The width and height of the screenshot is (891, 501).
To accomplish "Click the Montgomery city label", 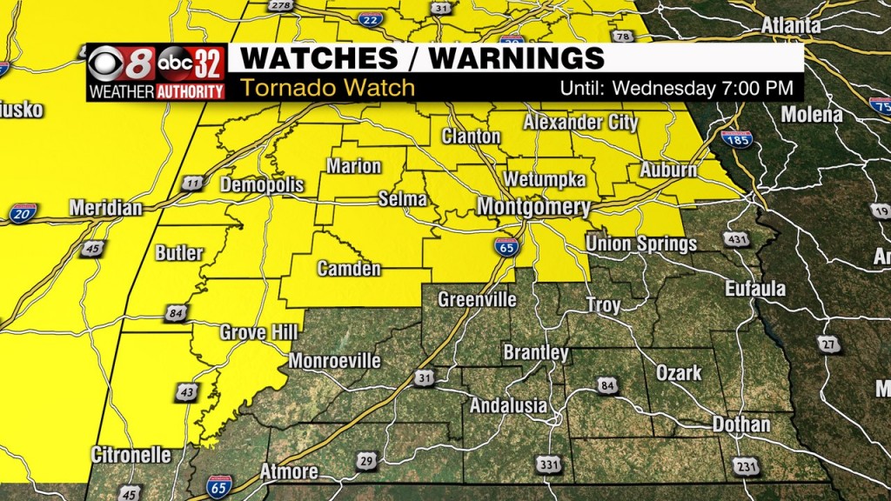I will pyautogui.click(x=533, y=208).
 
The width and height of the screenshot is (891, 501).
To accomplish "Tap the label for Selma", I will pyautogui.click(x=403, y=199).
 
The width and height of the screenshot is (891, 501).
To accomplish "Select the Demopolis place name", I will pyautogui.click(x=262, y=185).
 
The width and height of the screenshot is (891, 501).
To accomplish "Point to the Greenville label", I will pyautogui.click(x=477, y=300).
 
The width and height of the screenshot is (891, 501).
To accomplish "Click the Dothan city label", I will pyautogui.click(x=741, y=424).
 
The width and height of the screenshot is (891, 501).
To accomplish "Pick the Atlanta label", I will pyautogui.click(x=790, y=26).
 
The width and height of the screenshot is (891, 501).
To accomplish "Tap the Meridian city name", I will pyautogui.click(x=105, y=209).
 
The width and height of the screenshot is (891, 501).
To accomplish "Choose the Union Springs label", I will pyautogui.click(x=641, y=244).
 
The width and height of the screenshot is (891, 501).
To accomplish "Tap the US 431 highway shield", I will pyautogui.click(x=736, y=239).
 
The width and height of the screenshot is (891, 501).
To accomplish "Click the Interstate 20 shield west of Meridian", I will pyautogui.click(x=23, y=213).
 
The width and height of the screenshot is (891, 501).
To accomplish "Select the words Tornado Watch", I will pyautogui.click(x=327, y=88).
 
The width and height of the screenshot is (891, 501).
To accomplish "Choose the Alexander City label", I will pyautogui.click(x=580, y=122).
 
